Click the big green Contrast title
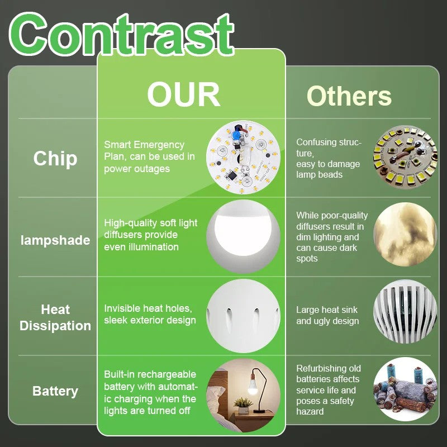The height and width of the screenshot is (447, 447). point(121,34)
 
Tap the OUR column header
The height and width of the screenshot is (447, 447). point(184,94)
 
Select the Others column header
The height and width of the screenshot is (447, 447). point(349,96)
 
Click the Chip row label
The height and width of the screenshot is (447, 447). point(55,159)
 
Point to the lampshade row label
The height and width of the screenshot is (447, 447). point(55,240)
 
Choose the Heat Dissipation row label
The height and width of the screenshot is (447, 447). point(55,317)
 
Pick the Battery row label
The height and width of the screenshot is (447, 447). point(55,391)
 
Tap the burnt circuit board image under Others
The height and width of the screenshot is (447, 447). point(405,158)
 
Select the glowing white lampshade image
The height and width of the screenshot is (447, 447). point(243,236)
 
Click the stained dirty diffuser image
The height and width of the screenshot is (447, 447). point(405,234)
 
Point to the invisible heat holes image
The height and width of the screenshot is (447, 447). point(243,316)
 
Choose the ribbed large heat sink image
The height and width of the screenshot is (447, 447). point(405,311)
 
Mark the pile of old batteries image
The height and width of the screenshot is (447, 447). point(405,389)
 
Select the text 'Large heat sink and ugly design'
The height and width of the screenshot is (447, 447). point(327,315)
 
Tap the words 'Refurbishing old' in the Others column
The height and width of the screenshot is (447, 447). point(329,368)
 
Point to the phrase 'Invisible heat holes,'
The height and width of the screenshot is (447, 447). point(148,308)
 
